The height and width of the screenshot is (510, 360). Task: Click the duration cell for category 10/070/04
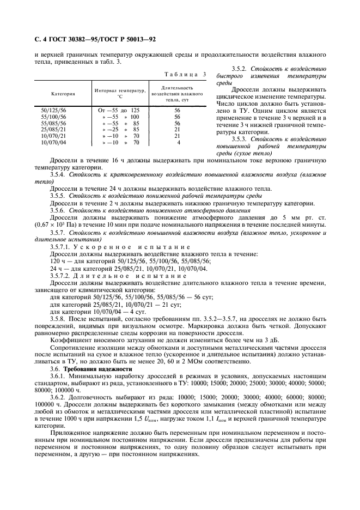(x=178, y=143)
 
